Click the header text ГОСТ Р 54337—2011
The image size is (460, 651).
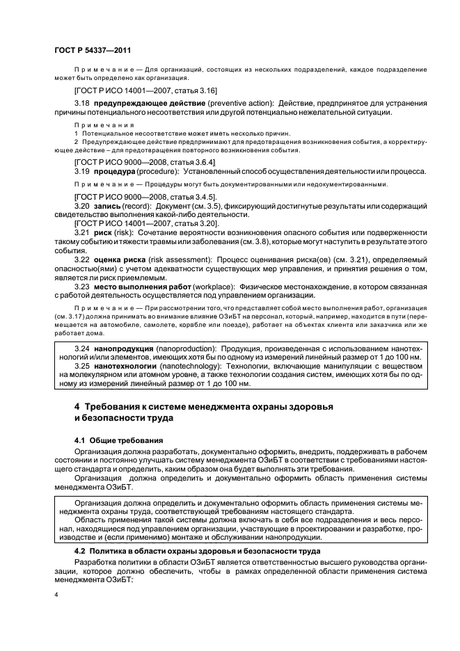(x=93, y=50)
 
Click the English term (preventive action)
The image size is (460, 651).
(x=241, y=103)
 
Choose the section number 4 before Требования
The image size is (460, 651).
(x=77, y=406)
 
